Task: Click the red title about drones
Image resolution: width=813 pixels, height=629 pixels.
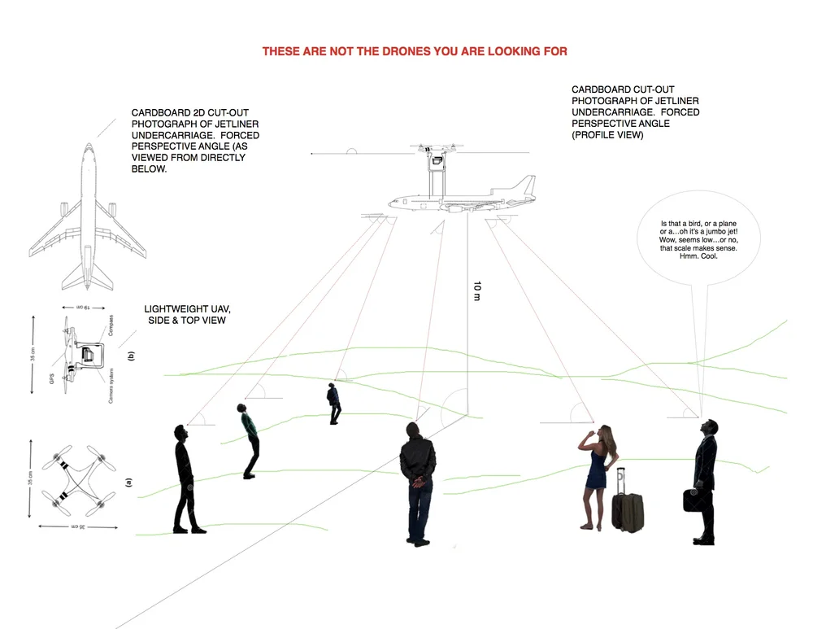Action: coord(415,51)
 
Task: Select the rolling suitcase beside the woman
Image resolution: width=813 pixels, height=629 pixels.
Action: coord(627,502)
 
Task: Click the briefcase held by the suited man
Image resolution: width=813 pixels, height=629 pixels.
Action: coord(693,499)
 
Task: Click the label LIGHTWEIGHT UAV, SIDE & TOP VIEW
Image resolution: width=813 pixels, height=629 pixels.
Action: coord(188,315)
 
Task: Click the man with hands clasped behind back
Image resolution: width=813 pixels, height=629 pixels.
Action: coord(418,482)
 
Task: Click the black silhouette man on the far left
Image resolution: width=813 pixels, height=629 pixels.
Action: coord(185,479)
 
